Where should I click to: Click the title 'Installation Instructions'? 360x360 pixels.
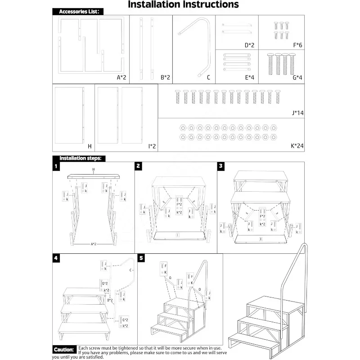tap(183, 5)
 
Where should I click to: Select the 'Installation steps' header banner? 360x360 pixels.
tap(80, 158)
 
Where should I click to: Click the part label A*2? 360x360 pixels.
tap(121, 77)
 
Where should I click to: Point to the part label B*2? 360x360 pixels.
tap(165, 77)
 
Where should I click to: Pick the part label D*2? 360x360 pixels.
tap(249, 45)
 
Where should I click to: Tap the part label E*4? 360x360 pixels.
tap(249, 77)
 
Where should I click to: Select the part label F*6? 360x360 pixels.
tap(298, 45)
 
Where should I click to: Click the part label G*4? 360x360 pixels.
tap(297, 77)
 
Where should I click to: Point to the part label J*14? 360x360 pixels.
tap(297, 113)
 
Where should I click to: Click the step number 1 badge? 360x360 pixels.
tap(56, 166)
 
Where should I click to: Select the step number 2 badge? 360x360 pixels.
tap(139, 166)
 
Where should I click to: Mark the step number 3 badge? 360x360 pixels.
tap(221, 166)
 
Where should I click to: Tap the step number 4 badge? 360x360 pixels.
tap(56, 258)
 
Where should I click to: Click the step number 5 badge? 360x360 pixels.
tap(141, 258)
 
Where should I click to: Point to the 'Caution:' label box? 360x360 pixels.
tap(64, 350)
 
